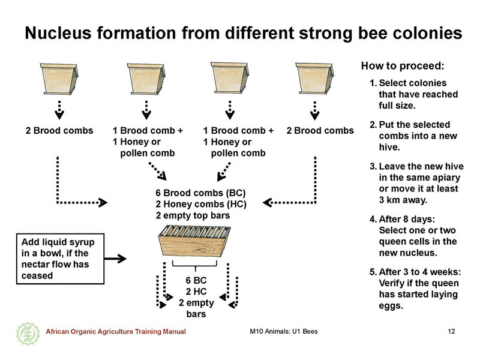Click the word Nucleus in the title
coord(58,33)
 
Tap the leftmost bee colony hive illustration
coord(59,79)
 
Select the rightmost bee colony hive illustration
coord(314,78)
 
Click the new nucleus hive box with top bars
coord(194,241)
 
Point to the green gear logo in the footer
coord(28,334)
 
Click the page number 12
coord(451,331)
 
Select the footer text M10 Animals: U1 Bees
coord(283,331)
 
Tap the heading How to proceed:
coord(403,66)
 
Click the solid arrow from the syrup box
coord(115,259)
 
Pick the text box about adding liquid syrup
coord(61,259)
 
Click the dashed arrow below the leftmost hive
coord(59,110)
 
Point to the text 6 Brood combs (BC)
coord(200,193)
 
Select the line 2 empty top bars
coord(193,215)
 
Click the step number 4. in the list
coord(373,219)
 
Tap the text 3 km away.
coord(403,200)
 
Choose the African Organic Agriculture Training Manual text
coord(116,332)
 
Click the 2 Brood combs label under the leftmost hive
coord(59,130)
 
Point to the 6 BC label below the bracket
coord(196,280)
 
